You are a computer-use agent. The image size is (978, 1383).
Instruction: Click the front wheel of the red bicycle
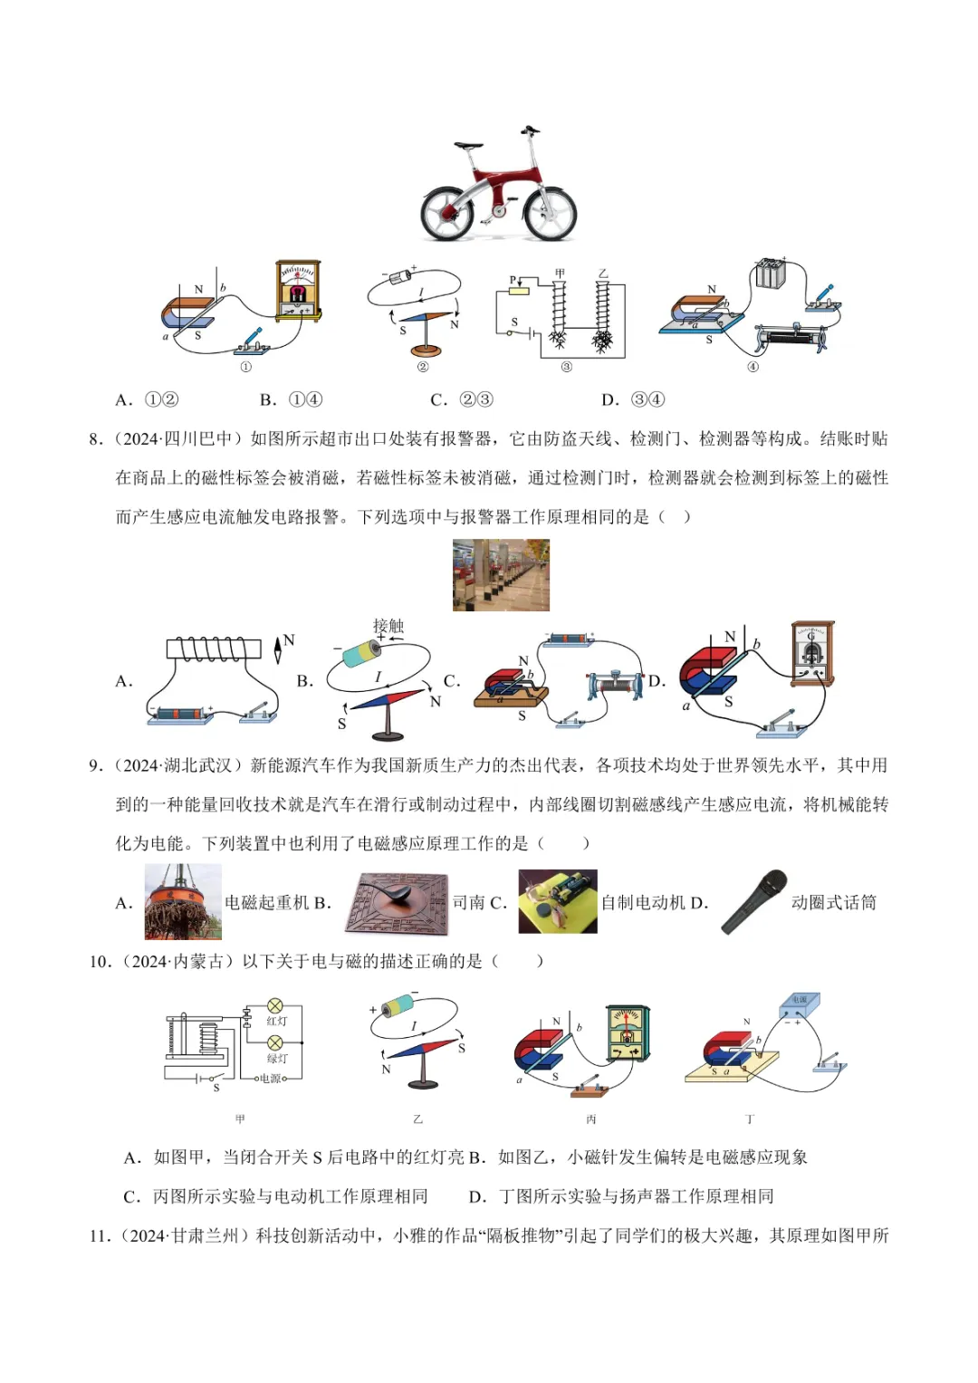(550, 212)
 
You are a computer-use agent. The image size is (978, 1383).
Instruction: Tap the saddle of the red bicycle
(468, 145)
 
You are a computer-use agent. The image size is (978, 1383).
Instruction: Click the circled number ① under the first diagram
(245, 367)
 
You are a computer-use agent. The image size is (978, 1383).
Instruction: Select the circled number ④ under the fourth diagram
(753, 367)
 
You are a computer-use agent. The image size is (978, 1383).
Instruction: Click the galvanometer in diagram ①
(298, 290)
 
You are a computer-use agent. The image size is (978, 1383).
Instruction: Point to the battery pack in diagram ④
(771, 274)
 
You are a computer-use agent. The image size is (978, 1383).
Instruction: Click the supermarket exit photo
(501, 575)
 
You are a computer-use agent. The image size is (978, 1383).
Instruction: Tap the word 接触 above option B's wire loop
(388, 626)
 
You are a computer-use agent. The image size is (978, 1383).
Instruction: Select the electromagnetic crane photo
(183, 901)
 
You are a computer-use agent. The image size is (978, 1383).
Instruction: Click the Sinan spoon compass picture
(398, 902)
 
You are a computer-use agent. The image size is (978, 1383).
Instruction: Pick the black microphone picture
(754, 901)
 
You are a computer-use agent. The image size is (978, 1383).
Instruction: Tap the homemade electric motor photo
(558, 901)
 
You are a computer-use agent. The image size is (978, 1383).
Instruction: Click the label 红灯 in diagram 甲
(277, 1022)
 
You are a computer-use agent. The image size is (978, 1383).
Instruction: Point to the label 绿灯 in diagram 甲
(277, 1059)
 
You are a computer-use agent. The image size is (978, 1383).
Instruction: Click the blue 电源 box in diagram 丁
(800, 1004)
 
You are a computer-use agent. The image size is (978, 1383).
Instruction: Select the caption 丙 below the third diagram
(591, 1119)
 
